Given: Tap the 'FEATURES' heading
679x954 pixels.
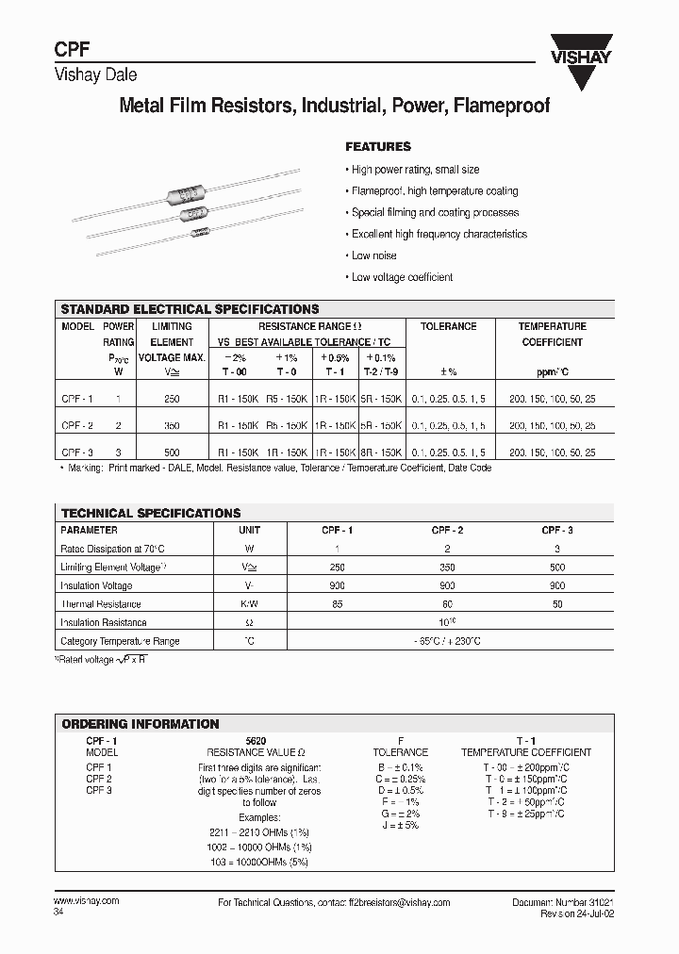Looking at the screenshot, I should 378,147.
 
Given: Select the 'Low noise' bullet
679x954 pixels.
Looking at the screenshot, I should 373,255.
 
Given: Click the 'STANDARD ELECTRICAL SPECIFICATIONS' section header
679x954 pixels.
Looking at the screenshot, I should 190,309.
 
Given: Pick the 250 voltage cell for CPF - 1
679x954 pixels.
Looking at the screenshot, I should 172,400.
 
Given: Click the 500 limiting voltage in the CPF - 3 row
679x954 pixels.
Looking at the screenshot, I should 172,452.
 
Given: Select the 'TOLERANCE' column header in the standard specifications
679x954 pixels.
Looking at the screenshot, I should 448,326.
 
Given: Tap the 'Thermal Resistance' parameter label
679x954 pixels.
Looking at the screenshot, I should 101,604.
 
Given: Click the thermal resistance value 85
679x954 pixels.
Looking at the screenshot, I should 338,604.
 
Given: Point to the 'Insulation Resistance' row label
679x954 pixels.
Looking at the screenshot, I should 104,623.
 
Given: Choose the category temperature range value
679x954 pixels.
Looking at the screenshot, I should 446,641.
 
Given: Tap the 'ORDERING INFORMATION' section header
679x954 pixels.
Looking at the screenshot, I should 140,724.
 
